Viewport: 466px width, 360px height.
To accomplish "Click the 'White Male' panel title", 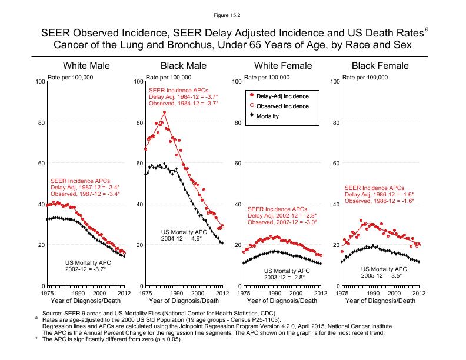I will (x=86, y=66).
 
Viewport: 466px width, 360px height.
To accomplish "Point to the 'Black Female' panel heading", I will (x=380, y=66).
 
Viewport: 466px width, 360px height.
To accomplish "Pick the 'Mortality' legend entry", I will (x=267, y=116).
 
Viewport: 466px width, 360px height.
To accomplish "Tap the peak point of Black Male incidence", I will (x=165, y=112).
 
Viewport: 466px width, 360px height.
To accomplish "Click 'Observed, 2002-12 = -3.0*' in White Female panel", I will (x=282, y=222).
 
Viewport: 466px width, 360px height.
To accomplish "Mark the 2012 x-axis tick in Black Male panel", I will (x=222, y=293).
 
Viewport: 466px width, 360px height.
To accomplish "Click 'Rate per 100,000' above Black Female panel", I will (x=364, y=77).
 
